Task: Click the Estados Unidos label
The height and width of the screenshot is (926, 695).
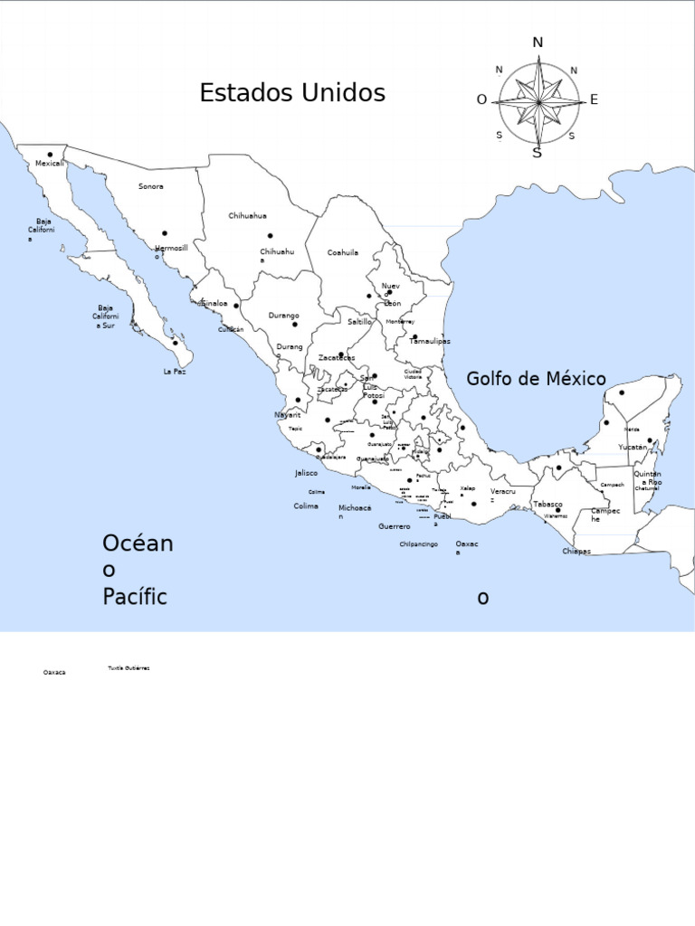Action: point(292,93)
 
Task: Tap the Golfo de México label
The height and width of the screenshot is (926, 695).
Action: point(537,379)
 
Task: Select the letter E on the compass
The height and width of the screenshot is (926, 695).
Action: point(594,99)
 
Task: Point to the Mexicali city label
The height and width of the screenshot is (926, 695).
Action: point(50,164)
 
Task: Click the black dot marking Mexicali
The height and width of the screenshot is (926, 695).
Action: point(51,155)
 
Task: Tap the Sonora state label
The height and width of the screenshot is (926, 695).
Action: point(151,186)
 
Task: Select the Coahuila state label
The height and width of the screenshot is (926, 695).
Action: point(343,253)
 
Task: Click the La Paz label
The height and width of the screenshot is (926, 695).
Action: point(175,372)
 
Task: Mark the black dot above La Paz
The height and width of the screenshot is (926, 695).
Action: point(176,343)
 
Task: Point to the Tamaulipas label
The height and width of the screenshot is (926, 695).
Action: point(429,342)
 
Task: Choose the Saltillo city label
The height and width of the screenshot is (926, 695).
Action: point(359,322)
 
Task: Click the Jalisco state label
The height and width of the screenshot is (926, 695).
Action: point(307,473)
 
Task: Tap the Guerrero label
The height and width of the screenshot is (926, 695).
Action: point(395,526)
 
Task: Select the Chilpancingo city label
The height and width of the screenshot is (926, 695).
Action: point(419,544)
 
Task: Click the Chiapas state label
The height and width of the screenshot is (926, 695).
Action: point(576,551)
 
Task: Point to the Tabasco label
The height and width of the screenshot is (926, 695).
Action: point(547,505)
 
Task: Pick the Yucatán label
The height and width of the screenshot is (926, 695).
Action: point(633,447)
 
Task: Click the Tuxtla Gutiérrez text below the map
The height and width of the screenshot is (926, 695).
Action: point(129,667)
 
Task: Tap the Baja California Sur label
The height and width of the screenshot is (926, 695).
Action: point(106,317)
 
